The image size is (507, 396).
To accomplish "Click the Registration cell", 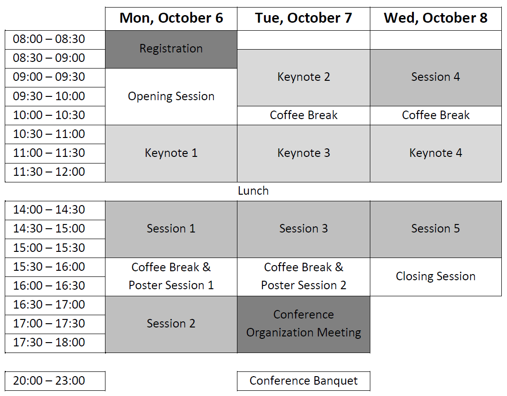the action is tap(171, 49).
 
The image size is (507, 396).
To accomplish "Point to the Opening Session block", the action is tap(171, 96).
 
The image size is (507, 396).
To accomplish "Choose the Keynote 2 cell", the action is tap(303, 77).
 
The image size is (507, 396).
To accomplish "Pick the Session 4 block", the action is tap(436, 77).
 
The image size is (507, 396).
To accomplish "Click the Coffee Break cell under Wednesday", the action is tap(436, 115).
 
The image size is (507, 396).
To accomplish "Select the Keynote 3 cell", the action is tap(303, 154).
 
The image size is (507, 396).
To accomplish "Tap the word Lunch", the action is tap(253, 191).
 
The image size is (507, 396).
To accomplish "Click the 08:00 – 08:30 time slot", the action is tap(55, 40).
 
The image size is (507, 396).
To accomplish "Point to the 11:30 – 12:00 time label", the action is tap(55, 172).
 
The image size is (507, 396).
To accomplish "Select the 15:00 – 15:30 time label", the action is tap(55, 248).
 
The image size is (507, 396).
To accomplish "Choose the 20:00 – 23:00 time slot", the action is tap(55, 381).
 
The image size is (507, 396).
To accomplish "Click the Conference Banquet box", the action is tap(303, 381).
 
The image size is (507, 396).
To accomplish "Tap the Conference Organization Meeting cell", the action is tap(303, 324).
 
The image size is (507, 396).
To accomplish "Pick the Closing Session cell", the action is tap(436, 277).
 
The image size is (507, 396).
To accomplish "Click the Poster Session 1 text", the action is tap(171, 285).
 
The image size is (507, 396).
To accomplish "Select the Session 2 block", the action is tap(171, 324).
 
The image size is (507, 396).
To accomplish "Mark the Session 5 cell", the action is tap(436, 229).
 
